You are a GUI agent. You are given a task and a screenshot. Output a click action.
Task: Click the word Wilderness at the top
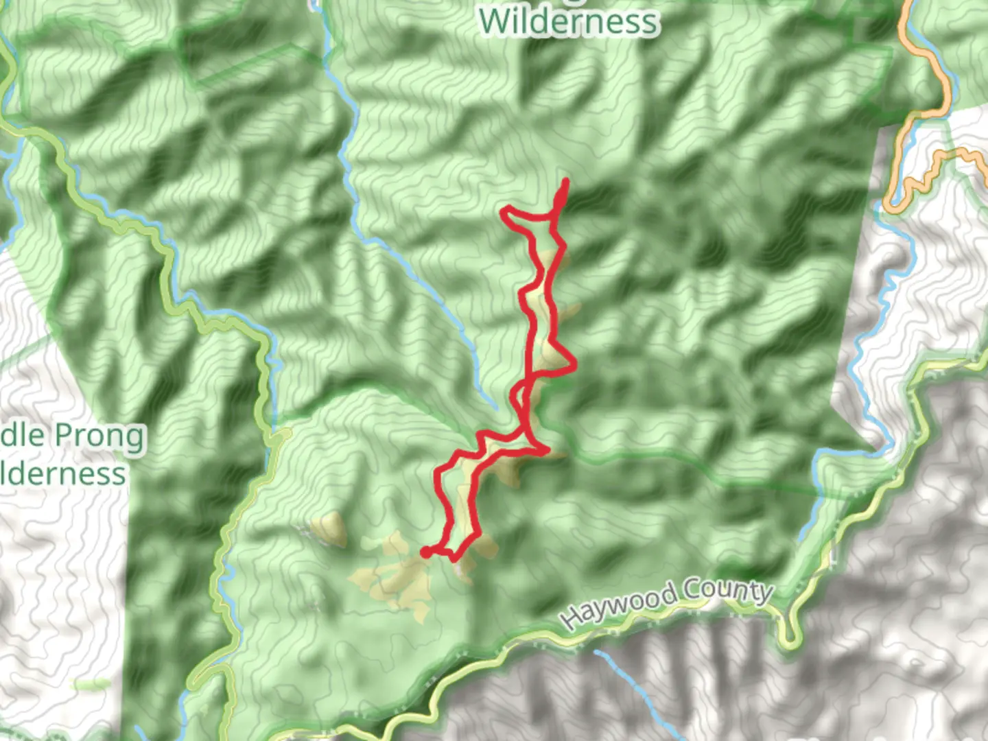[x=569, y=22]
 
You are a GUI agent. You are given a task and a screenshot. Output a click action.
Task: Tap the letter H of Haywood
[x=571, y=619]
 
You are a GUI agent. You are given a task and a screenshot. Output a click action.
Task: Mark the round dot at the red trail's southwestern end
[x=425, y=552]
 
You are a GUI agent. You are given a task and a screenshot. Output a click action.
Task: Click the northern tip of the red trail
[x=566, y=181]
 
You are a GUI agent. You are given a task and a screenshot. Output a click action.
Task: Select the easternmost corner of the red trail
[x=574, y=366]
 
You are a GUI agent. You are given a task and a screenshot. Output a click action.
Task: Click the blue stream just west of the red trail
[x=439, y=302]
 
